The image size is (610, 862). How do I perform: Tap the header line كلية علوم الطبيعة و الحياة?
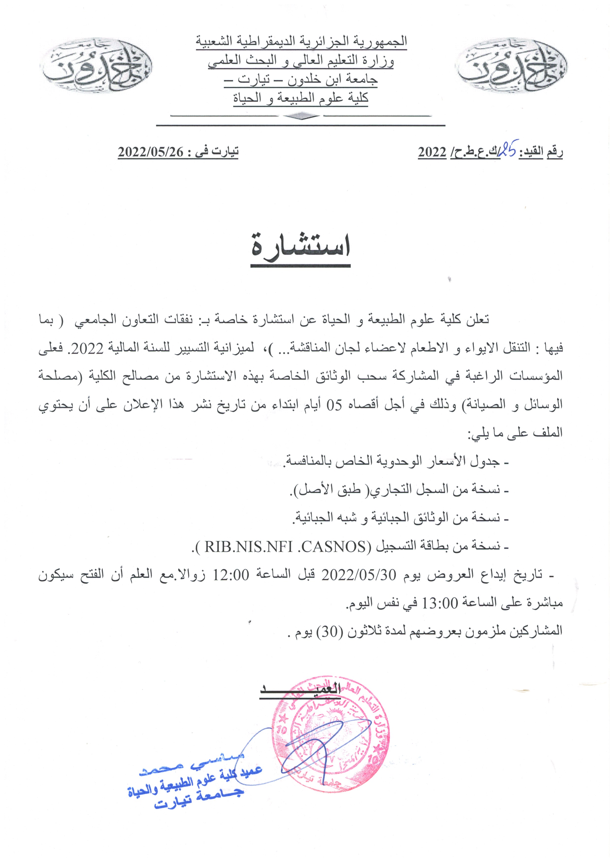click(301, 98)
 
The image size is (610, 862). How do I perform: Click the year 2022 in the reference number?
click(432, 152)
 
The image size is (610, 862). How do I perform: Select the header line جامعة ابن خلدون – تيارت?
click(301, 80)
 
